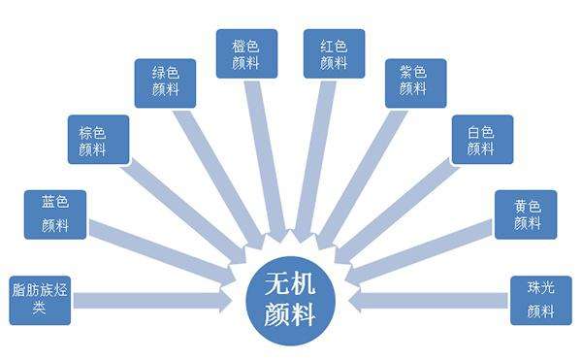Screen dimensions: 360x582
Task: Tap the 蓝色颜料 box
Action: tap(54, 214)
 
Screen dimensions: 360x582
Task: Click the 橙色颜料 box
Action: tap(246, 53)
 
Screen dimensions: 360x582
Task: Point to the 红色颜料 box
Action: tap(327, 53)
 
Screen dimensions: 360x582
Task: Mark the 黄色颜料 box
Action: tap(526, 213)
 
